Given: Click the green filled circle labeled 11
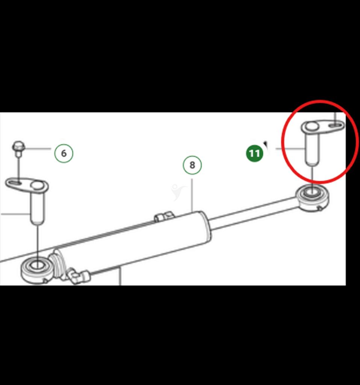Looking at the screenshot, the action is pyautogui.click(x=254, y=153).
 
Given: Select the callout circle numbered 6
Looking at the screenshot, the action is pyautogui.click(x=64, y=153).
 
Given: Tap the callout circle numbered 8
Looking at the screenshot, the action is pyautogui.click(x=192, y=165).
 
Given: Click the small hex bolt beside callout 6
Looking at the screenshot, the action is pyautogui.click(x=19, y=148).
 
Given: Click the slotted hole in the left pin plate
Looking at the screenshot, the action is pyautogui.click(x=14, y=183).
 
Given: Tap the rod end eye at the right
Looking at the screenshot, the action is pyautogui.click(x=313, y=198).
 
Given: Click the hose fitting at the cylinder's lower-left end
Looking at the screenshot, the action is pyautogui.click(x=79, y=276).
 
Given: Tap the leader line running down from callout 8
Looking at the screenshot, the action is pyautogui.click(x=192, y=195).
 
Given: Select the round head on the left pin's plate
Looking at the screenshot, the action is pyautogui.click(x=37, y=185).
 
